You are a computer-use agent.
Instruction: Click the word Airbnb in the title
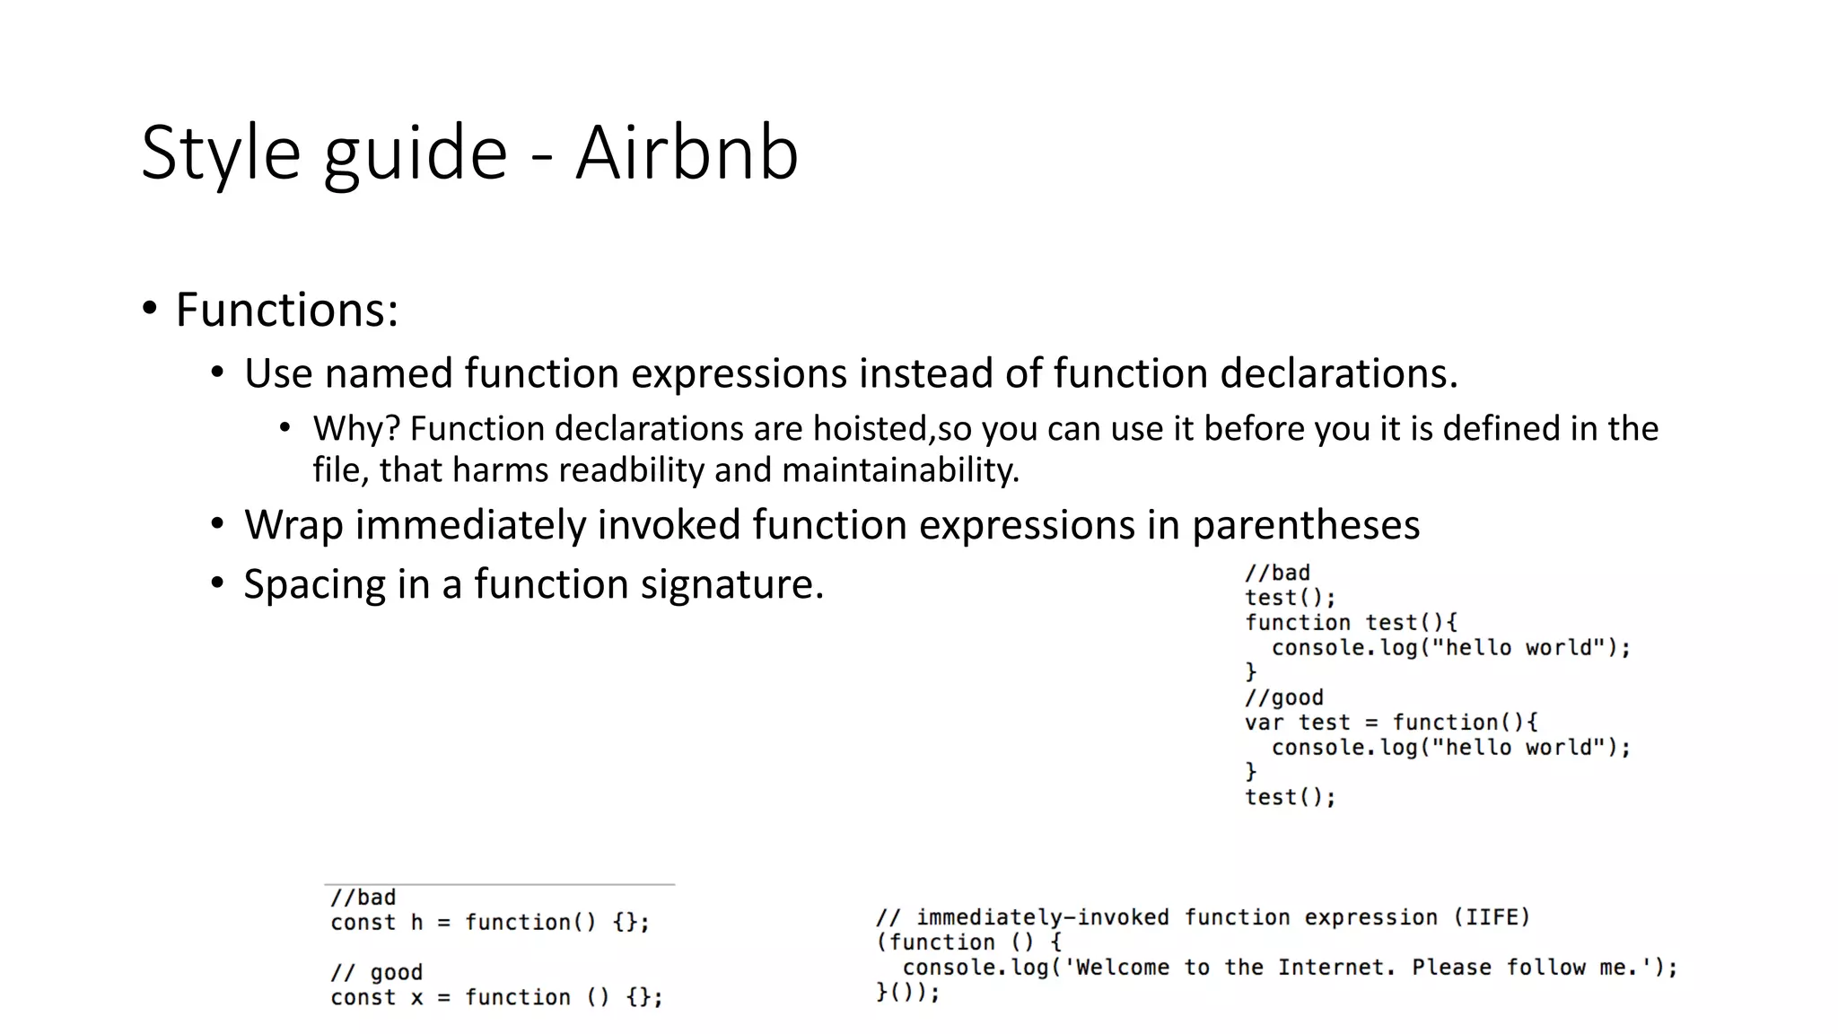click(x=687, y=153)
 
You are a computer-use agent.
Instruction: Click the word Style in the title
click(x=220, y=153)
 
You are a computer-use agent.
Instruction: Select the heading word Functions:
click(x=286, y=310)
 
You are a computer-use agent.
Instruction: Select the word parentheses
click(x=1306, y=525)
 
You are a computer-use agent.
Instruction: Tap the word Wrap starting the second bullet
click(x=293, y=525)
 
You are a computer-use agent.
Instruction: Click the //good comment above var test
click(x=1283, y=697)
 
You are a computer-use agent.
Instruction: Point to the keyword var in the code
click(x=1264, y=723)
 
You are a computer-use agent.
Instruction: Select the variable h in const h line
click(x=416, y=923)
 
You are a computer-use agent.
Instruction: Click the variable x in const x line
click(x=416, y=997)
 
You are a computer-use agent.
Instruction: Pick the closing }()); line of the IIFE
click(x=907, y=993)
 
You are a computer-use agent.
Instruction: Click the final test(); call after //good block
click(x=1290, y=797)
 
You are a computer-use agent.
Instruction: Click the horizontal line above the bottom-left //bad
click(x=499, y=885)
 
